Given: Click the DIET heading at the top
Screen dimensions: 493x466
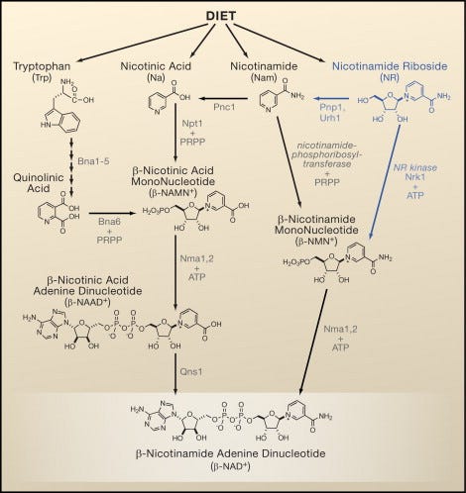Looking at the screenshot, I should pos(231,17).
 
